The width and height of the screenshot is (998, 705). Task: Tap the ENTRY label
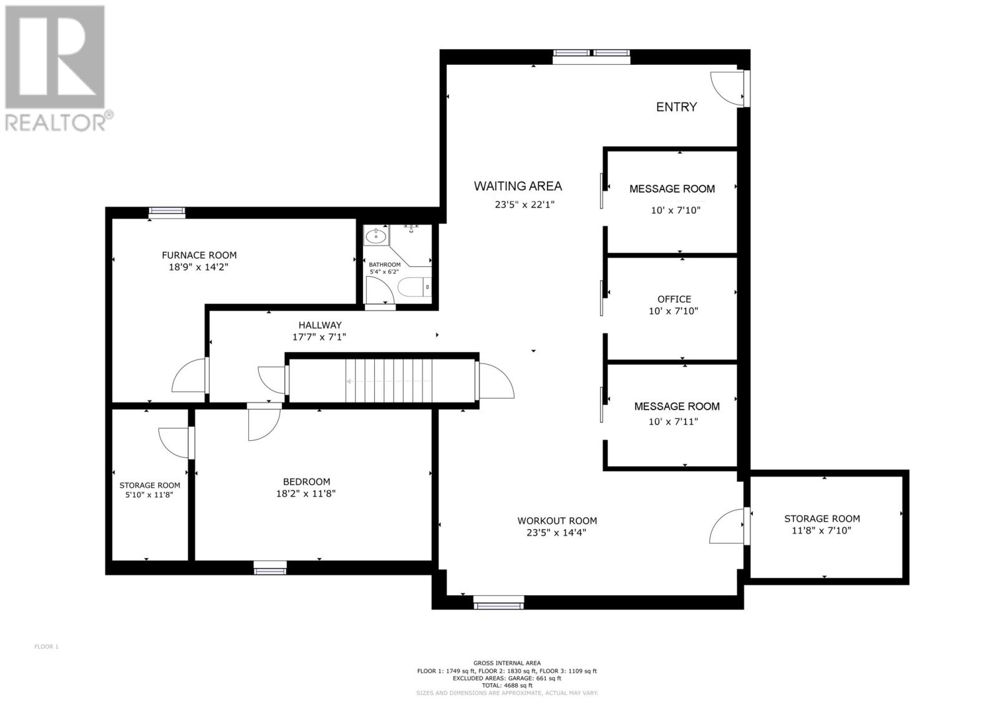[x=676, y=107]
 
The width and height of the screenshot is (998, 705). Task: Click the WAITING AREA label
[x=518, y=186]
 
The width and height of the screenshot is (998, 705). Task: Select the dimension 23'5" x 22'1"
[x=525, y=204]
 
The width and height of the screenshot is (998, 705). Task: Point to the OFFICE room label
[x=674, y=299]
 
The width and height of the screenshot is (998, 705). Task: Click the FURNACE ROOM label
[x=199, y=255]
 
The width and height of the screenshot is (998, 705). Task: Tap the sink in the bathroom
[x=376, y=237]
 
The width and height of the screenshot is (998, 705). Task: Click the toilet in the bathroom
[x=415, y=287]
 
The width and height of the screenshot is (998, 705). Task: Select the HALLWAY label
[x=319, y=325]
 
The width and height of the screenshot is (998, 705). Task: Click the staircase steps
[x=390, y=380]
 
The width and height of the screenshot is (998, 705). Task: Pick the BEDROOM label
[x=306, y=481]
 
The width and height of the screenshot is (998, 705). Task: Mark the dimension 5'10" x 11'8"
[x=150, y=495]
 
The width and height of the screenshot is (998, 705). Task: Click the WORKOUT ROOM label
[x=557, y=520]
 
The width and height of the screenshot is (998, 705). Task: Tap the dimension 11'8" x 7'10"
[x=821, y=531]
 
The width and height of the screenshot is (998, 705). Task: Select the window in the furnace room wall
[x=167, y=213]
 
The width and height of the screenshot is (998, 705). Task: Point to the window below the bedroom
[x=270, y=568]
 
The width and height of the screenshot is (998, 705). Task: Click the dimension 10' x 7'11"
[x=673, y=421]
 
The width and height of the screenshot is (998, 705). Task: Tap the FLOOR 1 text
[x=46, y=647]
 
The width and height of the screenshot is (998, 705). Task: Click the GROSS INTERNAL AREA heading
[x=507, y=663]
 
